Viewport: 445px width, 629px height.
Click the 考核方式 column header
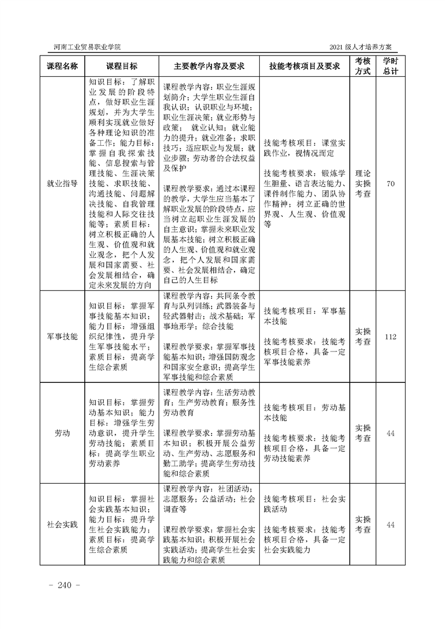click(363, 66)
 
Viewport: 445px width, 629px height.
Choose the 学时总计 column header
click(391, 66)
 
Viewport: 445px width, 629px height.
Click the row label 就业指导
click(62, 183)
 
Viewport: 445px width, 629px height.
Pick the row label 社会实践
click(62, 524)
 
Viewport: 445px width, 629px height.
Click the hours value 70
click(391, 183)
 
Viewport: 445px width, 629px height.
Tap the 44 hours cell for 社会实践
click(391, 524)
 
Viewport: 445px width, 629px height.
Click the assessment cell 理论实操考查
click(363, 183)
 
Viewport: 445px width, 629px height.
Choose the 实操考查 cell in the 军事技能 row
click(363, 337)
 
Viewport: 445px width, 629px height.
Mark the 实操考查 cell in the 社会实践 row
click(363, 524)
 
